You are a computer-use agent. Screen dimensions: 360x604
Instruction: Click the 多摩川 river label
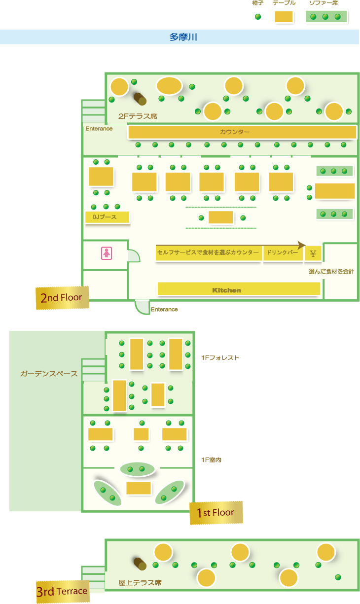point(183,37)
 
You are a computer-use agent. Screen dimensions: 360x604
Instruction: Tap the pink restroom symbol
point(107,253)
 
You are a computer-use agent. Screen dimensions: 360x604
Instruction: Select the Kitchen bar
point(239,289)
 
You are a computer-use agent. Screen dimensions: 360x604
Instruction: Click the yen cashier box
point(313,253)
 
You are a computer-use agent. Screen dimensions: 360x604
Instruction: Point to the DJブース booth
point(108,217)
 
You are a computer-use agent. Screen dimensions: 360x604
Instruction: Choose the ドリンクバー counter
point(283,253)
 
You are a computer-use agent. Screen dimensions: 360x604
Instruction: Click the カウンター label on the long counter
point(235,132)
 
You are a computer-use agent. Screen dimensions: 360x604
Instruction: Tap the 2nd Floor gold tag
point(62,298)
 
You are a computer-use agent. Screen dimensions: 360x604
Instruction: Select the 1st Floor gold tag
point(216,513)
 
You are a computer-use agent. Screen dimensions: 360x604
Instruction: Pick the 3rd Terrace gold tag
point(63,591)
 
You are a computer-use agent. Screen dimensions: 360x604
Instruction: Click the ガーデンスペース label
point(49,373)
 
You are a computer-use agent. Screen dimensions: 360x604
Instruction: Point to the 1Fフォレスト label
point(220,358)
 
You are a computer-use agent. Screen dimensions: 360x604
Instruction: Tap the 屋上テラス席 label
point(140,582)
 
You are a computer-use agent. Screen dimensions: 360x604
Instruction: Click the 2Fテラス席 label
point(138,116)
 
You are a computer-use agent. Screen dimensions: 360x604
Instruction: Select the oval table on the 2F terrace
point(169,86)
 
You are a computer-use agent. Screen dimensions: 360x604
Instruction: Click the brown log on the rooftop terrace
point(140,564)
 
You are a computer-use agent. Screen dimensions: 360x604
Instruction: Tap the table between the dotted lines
point(220,217)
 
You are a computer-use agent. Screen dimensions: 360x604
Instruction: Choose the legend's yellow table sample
point(284,17)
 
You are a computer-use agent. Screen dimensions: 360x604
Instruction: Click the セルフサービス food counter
point(209,253)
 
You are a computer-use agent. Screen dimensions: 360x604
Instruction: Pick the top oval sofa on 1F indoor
point(137,469)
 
